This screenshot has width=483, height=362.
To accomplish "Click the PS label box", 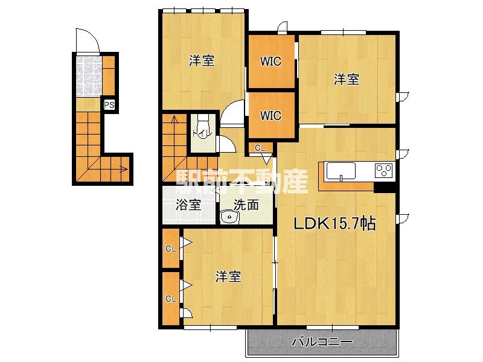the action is [109, 105].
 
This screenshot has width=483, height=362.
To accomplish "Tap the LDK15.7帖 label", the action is [335, 223].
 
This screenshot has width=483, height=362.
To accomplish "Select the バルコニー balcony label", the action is [322, 341].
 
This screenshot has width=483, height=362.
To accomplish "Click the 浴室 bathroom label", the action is [188, 205].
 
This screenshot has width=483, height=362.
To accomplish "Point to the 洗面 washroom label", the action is [246, 205].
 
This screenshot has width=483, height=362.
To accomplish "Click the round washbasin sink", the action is [229, 217].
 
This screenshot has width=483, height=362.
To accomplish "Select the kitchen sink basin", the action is [341, 171].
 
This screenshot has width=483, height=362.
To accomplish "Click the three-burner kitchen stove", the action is [383, 171].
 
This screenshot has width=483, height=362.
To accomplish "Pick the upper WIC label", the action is [270, 62].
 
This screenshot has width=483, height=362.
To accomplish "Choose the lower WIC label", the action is [270, 116].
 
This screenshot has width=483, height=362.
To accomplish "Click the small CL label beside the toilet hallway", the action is [260, 148].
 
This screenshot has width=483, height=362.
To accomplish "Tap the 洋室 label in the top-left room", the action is [202, 60].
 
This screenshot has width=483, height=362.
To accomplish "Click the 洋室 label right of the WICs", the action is [347, 80].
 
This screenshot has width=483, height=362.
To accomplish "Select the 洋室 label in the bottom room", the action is [228, 276].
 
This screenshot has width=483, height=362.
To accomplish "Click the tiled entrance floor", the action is [89, 75].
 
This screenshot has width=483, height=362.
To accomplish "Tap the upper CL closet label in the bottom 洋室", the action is [171, 249].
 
